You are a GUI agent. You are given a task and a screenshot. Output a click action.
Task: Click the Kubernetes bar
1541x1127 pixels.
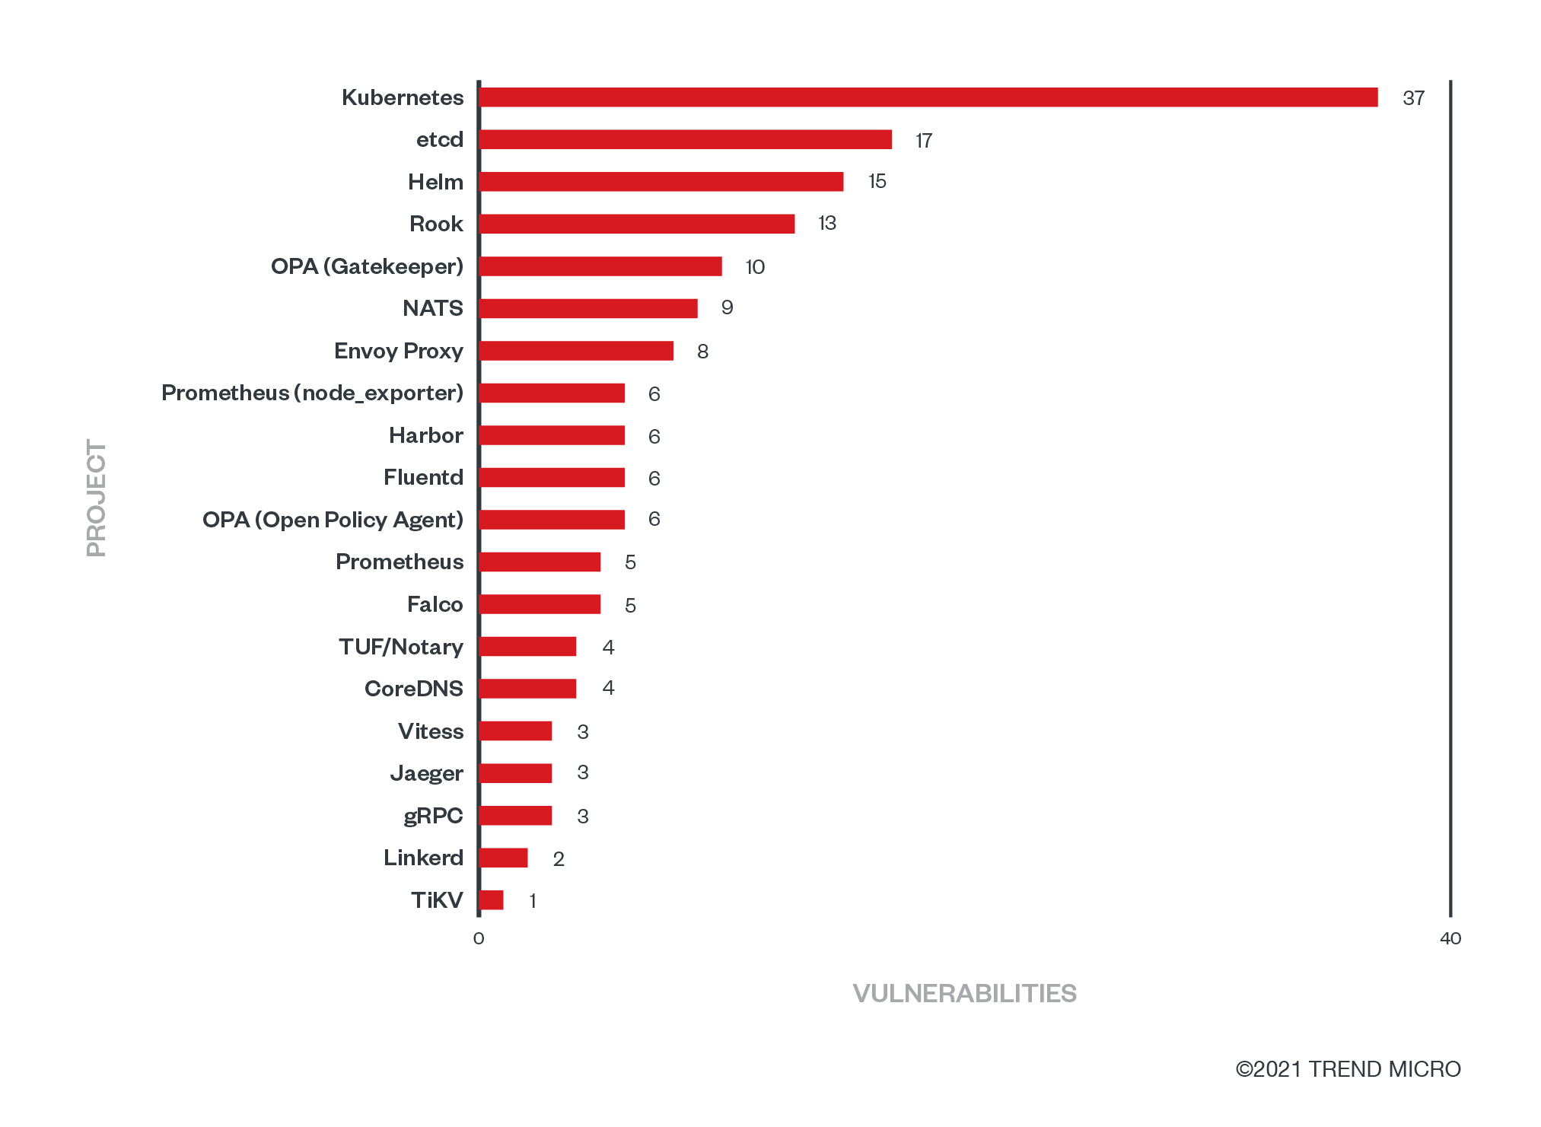[928, 97]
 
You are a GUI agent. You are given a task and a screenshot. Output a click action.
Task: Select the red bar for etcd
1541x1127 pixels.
[686, 140]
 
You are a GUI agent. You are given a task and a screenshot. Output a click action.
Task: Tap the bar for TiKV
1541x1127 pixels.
[492, 900]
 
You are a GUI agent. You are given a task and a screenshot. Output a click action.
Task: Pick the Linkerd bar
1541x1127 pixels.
[504, 858]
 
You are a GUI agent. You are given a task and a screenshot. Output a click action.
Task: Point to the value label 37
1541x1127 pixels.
[1413, 98]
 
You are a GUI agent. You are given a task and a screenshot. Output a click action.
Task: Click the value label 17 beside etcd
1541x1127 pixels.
[924, 141]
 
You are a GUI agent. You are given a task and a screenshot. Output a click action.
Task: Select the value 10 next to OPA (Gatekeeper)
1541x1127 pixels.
[755, 267]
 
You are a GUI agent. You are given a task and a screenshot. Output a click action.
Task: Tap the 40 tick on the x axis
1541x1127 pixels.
[1450, 938]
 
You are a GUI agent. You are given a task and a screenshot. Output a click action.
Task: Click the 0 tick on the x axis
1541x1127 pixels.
[479, 938]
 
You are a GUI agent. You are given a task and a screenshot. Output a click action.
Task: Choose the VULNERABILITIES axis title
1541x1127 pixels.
[964, 994]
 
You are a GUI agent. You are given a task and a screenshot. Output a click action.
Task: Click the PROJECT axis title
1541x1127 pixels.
[97, 498]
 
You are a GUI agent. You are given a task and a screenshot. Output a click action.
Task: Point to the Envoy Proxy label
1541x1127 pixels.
[399, 351]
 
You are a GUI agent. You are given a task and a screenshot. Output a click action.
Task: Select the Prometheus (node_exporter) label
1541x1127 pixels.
[312, 393]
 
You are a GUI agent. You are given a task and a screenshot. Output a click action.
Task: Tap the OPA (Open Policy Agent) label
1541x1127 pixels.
[333, 520]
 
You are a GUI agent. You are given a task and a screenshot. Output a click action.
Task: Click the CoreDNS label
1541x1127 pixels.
[414, 689]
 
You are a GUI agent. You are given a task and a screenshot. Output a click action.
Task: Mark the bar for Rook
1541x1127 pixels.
[637, 224]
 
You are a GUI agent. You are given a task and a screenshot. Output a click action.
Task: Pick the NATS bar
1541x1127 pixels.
[588, 308]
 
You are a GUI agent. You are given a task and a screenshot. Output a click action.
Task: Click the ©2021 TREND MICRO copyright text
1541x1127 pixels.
[1348, 1069]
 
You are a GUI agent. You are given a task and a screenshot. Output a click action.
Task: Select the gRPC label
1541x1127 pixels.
[433, 816]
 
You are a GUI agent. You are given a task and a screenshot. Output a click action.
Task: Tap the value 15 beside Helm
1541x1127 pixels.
[877, 182]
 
